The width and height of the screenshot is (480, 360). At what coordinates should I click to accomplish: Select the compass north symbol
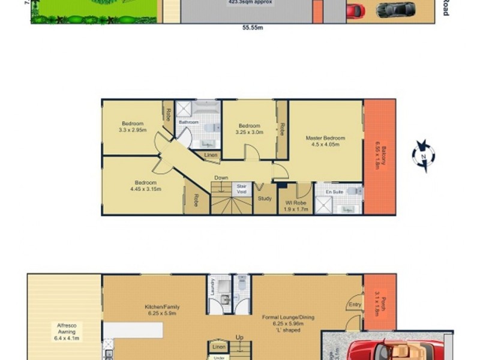423,155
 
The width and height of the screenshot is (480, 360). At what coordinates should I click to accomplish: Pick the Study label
265,199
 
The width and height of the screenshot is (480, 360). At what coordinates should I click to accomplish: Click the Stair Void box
242,189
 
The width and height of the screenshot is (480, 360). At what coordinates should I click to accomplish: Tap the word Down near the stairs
221,178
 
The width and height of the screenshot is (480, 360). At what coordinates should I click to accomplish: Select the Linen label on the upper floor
211,156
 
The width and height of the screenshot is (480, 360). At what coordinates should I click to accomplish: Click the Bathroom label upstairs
188,122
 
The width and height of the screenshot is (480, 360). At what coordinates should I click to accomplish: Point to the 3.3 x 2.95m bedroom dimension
133,130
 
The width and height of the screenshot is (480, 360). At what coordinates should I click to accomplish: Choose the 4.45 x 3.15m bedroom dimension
146,190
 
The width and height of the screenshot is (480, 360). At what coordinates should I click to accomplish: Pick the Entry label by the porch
355,305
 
